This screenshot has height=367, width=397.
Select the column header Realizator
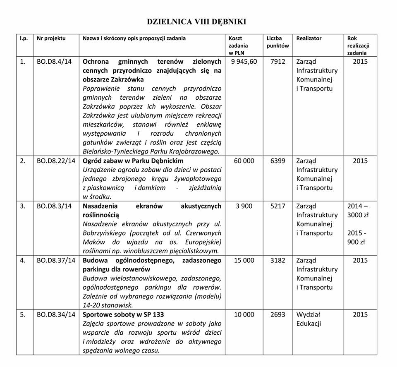click(x=309, y=38)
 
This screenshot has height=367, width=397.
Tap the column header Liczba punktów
click(x=278, y=42)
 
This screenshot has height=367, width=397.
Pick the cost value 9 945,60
click(x=244, y=62)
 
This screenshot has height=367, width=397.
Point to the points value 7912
click(x=278, y=62)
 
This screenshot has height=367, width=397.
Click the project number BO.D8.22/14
click(x=56, y=161)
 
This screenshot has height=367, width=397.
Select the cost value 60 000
click(x=244, y=161)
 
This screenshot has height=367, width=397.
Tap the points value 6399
click(x=278, y=161)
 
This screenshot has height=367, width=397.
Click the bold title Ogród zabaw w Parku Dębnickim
click(x=133, y=161)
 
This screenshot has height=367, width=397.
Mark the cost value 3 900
click(x=244, y=206)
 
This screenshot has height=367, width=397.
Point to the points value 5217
click(x=278, y=206)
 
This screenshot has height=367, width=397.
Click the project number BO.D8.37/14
click(x=56, y=260)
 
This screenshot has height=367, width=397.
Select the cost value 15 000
click(x=244, y=260)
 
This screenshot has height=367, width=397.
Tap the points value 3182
click(x=278, y=260)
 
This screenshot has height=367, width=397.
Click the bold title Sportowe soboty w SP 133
click(x=124, y=314)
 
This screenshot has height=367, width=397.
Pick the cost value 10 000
click(x=244, y=314)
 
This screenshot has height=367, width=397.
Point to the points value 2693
click(x=278, y=314)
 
